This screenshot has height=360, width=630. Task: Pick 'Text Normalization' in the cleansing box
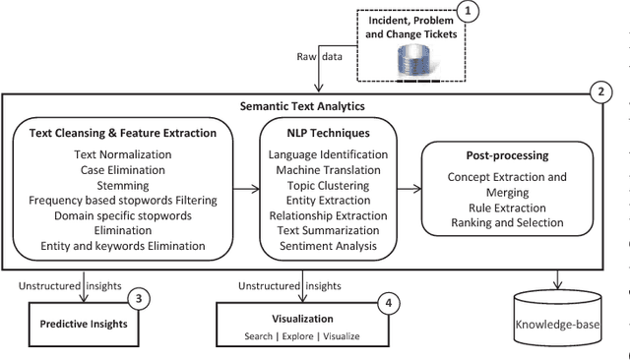click(124, 154)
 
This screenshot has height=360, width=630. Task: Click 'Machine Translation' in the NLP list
click(328, 169)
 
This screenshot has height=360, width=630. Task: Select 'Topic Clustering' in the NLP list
click(328, 184)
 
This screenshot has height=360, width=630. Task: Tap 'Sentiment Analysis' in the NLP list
click(328, 245)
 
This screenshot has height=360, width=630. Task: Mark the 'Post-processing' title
click(507, 155)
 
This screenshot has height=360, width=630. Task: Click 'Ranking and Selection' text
click(507, 222)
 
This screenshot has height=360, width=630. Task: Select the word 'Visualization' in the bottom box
click(304, 319)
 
